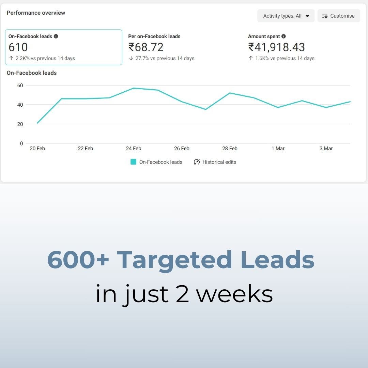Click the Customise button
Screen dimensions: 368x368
338,16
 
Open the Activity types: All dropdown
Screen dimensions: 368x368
286,16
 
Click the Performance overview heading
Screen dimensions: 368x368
36,13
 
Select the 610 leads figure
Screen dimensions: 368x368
18,47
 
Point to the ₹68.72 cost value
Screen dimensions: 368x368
146,47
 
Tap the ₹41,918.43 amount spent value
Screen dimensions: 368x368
276,47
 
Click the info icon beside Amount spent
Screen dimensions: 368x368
283,36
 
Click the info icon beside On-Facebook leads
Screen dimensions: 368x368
56,36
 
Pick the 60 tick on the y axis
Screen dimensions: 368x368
20,86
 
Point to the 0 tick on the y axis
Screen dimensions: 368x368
21,143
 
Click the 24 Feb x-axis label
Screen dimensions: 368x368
134,149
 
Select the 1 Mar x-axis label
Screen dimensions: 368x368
278,149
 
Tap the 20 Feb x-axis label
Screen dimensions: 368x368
37,149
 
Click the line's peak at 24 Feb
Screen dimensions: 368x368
134,88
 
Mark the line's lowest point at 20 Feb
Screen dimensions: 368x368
37,123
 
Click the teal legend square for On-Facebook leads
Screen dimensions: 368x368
134,162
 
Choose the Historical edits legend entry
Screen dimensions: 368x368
215,162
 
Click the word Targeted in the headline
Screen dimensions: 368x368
174,260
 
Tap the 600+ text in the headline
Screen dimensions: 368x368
78,260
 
